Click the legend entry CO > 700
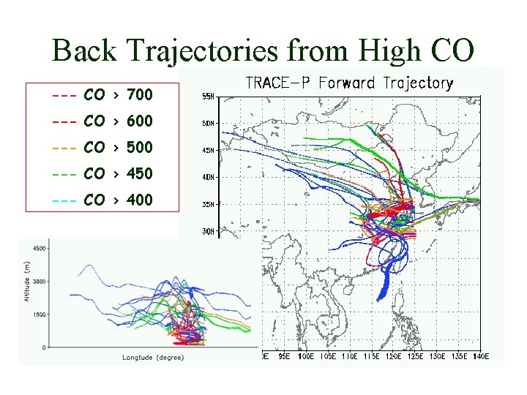(x=102, y=94)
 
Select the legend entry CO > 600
(x=102, y=121)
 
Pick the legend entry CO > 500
(x=102, y=147)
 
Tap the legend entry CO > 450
(x=102, y=173)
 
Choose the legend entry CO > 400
(x=102, y=200)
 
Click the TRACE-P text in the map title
(x=280, y=83)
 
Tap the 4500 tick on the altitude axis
(x=38, y=249)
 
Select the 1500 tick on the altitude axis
(x=38, y=314)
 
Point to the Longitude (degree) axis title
(x=153, y=357)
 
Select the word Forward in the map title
(x=351, y=83)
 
